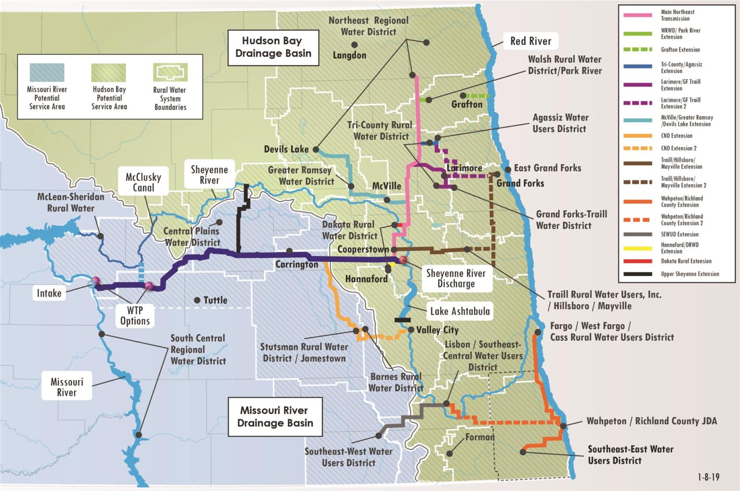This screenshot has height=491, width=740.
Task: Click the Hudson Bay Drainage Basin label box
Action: [273, 47]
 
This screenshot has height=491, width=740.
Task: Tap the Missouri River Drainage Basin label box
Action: [275, 417]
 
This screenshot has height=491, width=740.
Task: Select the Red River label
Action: [530, 41]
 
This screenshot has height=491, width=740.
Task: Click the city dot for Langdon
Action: [355, 45]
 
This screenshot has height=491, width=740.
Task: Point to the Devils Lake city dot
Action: [316, 149]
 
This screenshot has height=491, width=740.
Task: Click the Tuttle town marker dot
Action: [197, 300]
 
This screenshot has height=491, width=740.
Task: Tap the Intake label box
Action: [49, 293]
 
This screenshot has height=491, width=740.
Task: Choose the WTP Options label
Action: [135, 316]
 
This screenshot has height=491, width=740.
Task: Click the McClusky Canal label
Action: [144, 182]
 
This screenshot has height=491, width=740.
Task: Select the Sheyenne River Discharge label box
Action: [456, 279]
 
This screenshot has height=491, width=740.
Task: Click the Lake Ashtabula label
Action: [460, 311]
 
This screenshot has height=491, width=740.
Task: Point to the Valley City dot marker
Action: [411, 330]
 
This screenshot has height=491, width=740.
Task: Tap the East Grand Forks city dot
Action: [508, 170]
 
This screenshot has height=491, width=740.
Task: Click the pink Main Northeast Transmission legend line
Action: [637, 15]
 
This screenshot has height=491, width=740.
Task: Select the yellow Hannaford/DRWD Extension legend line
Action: [637, 249]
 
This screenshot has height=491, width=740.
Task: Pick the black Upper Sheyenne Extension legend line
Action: [637, 274]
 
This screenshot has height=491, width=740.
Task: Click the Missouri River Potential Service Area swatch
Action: [47, 73]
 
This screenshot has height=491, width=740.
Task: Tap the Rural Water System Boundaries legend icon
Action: [170, 72]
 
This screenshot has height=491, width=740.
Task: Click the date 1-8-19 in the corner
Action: [708, 477]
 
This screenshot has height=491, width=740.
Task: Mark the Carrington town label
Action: [297, 265]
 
